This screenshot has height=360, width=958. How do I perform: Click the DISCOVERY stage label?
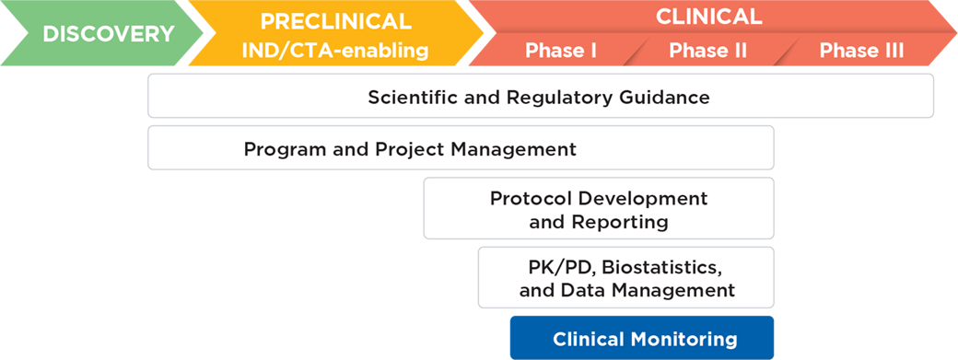pos(108,34)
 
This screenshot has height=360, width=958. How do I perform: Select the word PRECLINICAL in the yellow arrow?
pos(334,22)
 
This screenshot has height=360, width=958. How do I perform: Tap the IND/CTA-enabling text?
pos(334,51)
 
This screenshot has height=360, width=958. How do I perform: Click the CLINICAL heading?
pos(708,16)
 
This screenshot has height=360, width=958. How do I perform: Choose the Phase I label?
pos(561,51)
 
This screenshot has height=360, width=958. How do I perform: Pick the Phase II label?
pos(707,51)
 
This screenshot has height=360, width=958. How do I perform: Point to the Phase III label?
pos(861,51)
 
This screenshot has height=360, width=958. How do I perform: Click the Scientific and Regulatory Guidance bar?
pos(540,97)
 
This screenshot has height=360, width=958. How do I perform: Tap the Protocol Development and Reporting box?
pos(598,209)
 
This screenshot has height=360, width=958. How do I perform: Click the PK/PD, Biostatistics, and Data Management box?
pos(625,278)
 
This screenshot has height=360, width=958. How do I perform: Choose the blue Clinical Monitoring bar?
pos(645,339)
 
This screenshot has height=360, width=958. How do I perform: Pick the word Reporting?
pos(619,222)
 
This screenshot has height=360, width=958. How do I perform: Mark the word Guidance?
pos(671,97)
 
